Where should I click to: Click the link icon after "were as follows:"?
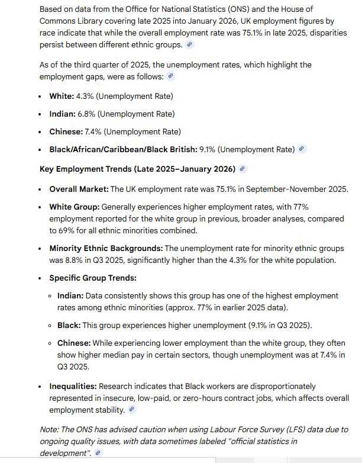pos(171,76)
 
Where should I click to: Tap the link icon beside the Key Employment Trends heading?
pos(243,169)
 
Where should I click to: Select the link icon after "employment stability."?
pos(131,409)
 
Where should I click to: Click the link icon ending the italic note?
pos(98,452)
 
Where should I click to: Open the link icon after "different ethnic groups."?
pos(189,44)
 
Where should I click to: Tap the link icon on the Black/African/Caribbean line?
pos(302,149)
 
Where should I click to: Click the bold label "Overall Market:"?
pos(79,189)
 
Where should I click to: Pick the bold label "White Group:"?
pos(75,207)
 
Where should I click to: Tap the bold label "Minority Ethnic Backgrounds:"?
pos(106,248)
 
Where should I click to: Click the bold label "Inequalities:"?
pos(73,386)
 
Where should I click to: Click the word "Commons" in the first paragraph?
pos(56,21)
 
